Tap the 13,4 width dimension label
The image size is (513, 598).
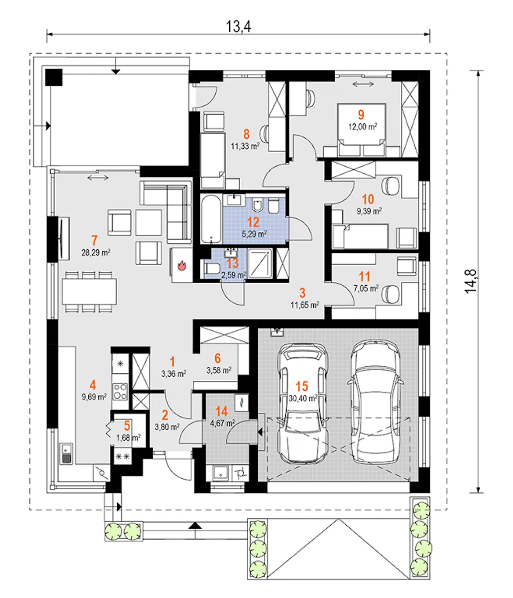238,26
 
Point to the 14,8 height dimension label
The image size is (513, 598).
470,281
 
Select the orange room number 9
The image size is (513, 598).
361,115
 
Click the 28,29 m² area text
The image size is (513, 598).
96,253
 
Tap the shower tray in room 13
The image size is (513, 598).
260,263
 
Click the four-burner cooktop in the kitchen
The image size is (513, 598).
120,391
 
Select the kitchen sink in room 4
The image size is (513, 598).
67,454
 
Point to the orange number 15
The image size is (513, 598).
302,386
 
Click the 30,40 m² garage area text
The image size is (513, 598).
303,398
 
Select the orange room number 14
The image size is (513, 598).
221,411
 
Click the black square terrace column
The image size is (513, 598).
54,77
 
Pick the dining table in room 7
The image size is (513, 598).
89,291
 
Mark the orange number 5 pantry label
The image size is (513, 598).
127,426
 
